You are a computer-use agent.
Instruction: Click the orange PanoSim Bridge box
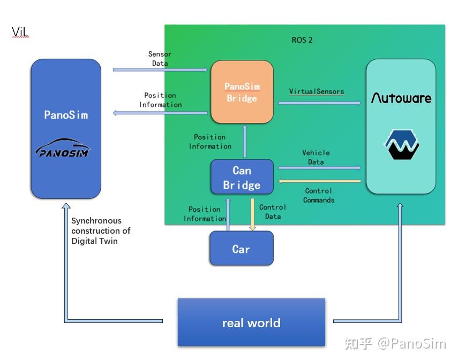pyautogui.click(x=242, y=92)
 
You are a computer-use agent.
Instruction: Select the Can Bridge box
pyautogui.click(x=242, y=176)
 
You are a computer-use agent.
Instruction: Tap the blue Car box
pyautogui.click(x=242, y=248)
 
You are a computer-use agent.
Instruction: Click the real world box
pyautogui.click(x=251, y=322)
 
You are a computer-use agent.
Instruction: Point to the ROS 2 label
pyautogui.click(x=302, y=40)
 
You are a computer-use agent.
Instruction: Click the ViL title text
pyautogui.click(x=20, y=32)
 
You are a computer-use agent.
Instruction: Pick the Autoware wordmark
pyautogui.click(x=401, y=98)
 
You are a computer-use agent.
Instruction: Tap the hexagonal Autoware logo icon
pyautogui.click(x=401, y=144)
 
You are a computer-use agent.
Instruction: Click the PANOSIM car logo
pyautogui.click(x=63, y=148)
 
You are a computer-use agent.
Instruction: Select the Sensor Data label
pyautogui.click(x=160, y=59)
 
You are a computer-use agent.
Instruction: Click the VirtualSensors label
pyautogui.click(x=317, y=91)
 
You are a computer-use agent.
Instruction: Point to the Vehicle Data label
pyautogui.click(x=316, y=157)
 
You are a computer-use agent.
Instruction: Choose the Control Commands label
pyautogui.click(x=319, y=195)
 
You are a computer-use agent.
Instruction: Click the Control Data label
pyautogui.click(x=273, y=212)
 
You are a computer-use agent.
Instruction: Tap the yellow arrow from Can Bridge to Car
pyautogui.click(x=252, y=214)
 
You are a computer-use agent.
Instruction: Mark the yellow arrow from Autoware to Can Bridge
pyautogui.click(x=320, y=181)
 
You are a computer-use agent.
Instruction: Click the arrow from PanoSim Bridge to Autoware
pyautogui.click(x=320, y=103)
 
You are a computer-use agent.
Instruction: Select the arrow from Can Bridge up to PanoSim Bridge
pyautogui.click(x=245, y=141)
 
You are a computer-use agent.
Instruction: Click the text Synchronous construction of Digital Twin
pyautogui.click(x=101, y=230)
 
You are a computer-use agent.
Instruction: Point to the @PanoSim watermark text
pyautogui.click(x=412, y=344)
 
